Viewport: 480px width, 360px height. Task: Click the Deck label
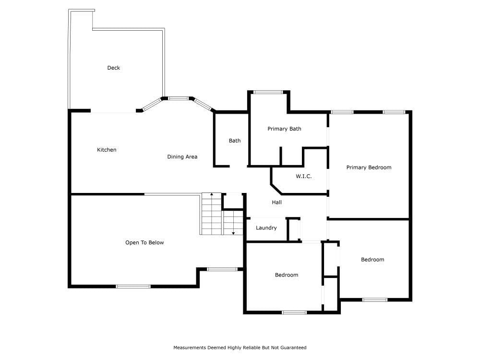pyautogui.click(x=114, y=68)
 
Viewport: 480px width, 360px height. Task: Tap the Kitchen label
pyautogui.click(x=107, y=150)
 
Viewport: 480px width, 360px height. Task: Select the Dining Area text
pyautogui.click(x=182, y=157)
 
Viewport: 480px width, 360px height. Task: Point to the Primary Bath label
pyautogui.click(x=284, y=129)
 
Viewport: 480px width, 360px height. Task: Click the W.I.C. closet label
pyautogui.click(x=304, y=176)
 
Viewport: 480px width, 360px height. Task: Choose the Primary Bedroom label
pyautogui.click(x=369, y=168)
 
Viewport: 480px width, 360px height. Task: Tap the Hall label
pyautogui.click(x=277, y=203)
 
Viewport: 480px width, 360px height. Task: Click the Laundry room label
pyautogui.click(x=266, y=228)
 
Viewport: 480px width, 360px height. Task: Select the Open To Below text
pyautogui.click(x=144, y=242)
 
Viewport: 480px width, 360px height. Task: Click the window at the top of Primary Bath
pyautogui.click(x=268, y=92)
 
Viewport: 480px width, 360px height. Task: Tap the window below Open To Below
pyautogui.click(x=133, y=287)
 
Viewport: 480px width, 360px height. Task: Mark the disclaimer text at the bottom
pyautogui.click(x=240, y=348)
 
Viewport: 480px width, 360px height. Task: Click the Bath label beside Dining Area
pyautogui.click(x=235, y=141)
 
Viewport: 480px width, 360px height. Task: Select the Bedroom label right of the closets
pyautogui.click(x=372, y=260)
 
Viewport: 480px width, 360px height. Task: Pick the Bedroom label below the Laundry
pyautogui.click(x=287, y=275)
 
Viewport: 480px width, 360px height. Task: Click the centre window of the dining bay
pyautogui.click(x=179, y=98)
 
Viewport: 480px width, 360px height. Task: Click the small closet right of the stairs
pyautogui.click(x=233, y=202)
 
